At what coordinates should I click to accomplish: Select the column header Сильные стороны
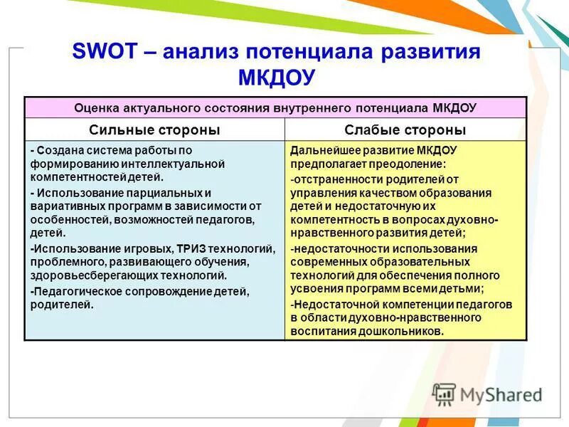coord(154,130)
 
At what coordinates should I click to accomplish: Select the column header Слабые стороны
coord(405,130)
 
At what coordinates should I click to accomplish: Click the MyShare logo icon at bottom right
coord(444,394)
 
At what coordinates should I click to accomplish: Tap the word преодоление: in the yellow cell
coord(405,164)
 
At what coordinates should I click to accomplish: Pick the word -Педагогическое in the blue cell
coord(75,291)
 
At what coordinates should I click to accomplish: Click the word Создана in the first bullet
coord(58,150)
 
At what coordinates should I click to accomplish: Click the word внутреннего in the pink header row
coord(312,107)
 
